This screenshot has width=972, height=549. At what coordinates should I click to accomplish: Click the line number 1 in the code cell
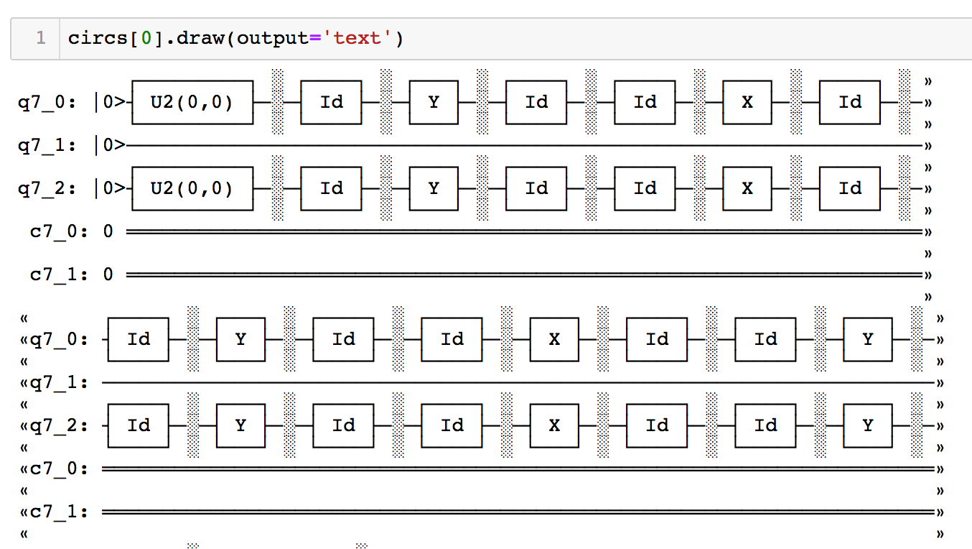coord(40,38)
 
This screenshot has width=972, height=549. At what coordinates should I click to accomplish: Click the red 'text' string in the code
coord(357,38)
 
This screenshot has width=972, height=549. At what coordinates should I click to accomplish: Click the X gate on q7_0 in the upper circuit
coord(747,102)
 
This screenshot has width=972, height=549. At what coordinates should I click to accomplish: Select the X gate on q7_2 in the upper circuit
coord(747,188)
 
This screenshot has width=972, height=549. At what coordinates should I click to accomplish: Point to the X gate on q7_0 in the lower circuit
coord(554,338)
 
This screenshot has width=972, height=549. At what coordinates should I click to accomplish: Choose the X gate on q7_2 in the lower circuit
coord(554,425)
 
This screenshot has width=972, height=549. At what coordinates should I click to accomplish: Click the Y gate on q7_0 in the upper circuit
coord(434,102)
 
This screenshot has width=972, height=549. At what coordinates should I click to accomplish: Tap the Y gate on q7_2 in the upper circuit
coord(434,188)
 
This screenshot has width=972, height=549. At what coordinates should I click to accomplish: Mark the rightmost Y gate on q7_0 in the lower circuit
coord(868,338)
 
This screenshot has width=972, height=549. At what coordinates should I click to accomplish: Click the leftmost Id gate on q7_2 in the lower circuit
coord(139,425)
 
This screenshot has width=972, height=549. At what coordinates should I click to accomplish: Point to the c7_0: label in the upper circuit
coord(57,231)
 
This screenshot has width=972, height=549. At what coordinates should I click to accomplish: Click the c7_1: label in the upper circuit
coord(57,274)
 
